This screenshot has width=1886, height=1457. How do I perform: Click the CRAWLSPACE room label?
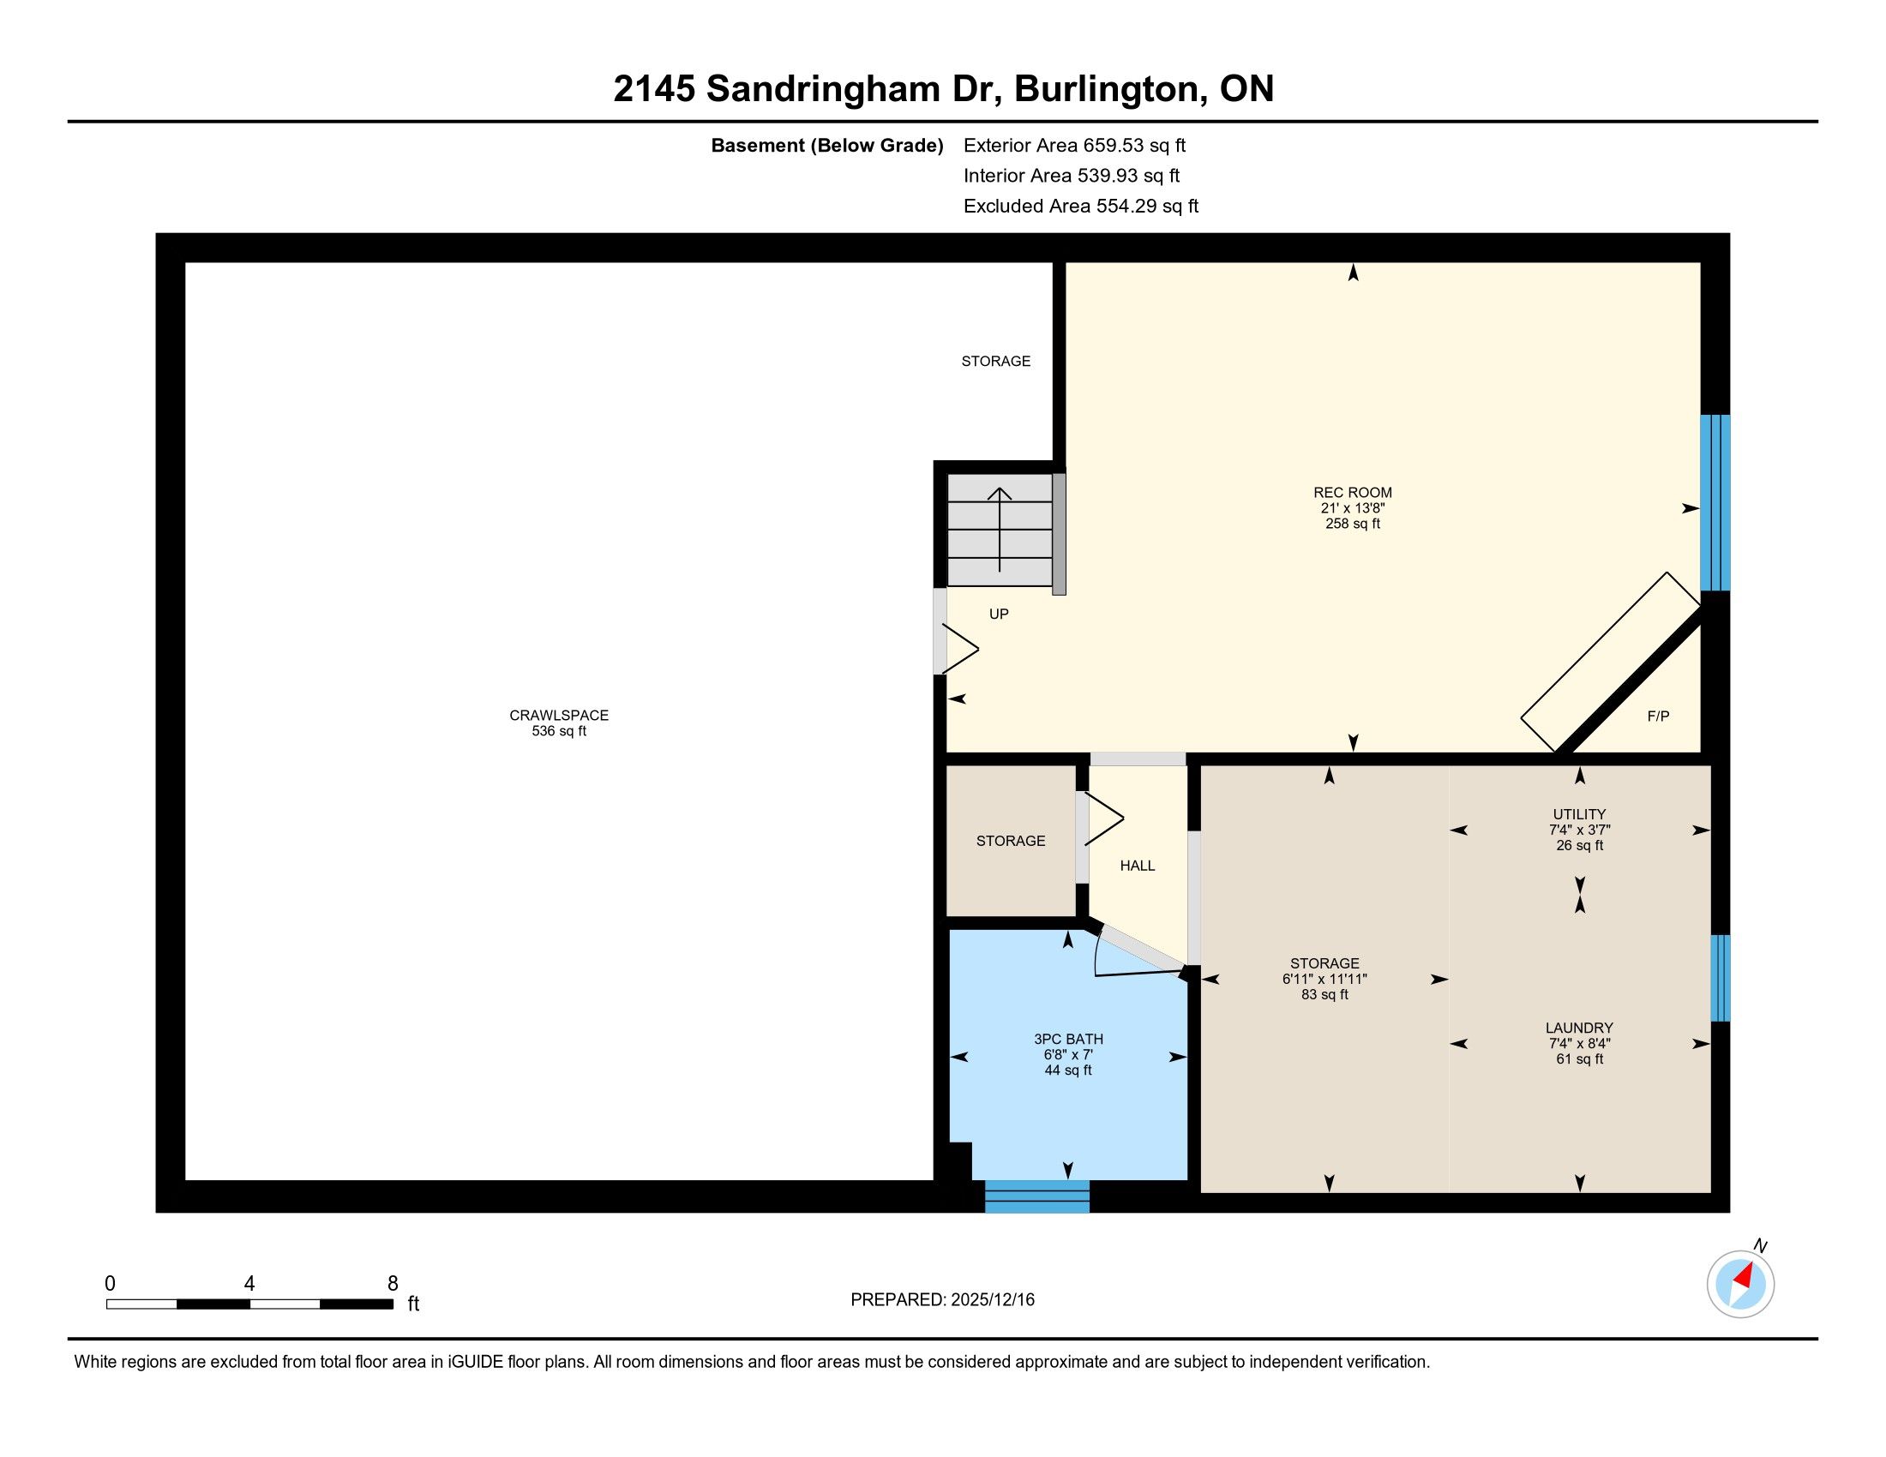(x=559, y=715)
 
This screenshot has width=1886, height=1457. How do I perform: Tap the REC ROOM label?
(x=1352, y=493)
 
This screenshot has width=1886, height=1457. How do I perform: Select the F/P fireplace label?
(x=1658, y=716)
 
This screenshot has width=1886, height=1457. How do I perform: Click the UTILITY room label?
(x=1579, y=814)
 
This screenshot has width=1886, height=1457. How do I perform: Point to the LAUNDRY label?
(x=1579, y=1028)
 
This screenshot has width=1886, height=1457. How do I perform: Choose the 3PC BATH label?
(x=1068, y=1040)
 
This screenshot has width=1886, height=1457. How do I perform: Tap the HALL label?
(x=1138, y=866)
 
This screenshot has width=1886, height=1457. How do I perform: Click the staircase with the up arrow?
(x=1000, y=530)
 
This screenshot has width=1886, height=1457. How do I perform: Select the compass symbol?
(x=1741, y=1284)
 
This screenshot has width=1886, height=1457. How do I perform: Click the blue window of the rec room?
(x=1715, y=502)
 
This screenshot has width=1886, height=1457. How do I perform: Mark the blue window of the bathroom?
(x=1037, y=1196)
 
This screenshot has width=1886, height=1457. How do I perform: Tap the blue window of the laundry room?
(x=1721, y=978)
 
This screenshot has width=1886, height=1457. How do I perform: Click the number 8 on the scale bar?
(x=393, y=1284)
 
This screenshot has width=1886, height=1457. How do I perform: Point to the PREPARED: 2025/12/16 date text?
(x=942, y=1300)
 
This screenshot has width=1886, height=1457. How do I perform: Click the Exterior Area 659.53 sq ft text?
(x=1074, y=146)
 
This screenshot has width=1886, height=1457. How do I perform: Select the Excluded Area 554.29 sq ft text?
(x=1081, y=207)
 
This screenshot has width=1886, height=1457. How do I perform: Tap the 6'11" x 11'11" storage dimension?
(x=1324, y=979)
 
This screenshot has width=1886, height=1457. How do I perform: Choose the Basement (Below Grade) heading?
(x=826, y=146)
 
